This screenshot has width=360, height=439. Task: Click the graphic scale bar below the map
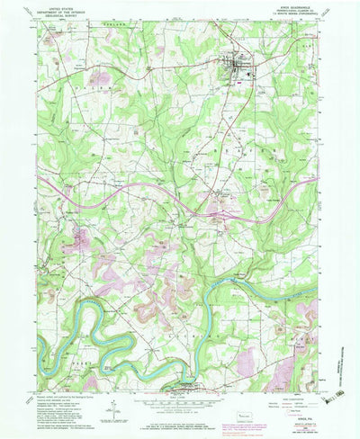click(x=180, y=402)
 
